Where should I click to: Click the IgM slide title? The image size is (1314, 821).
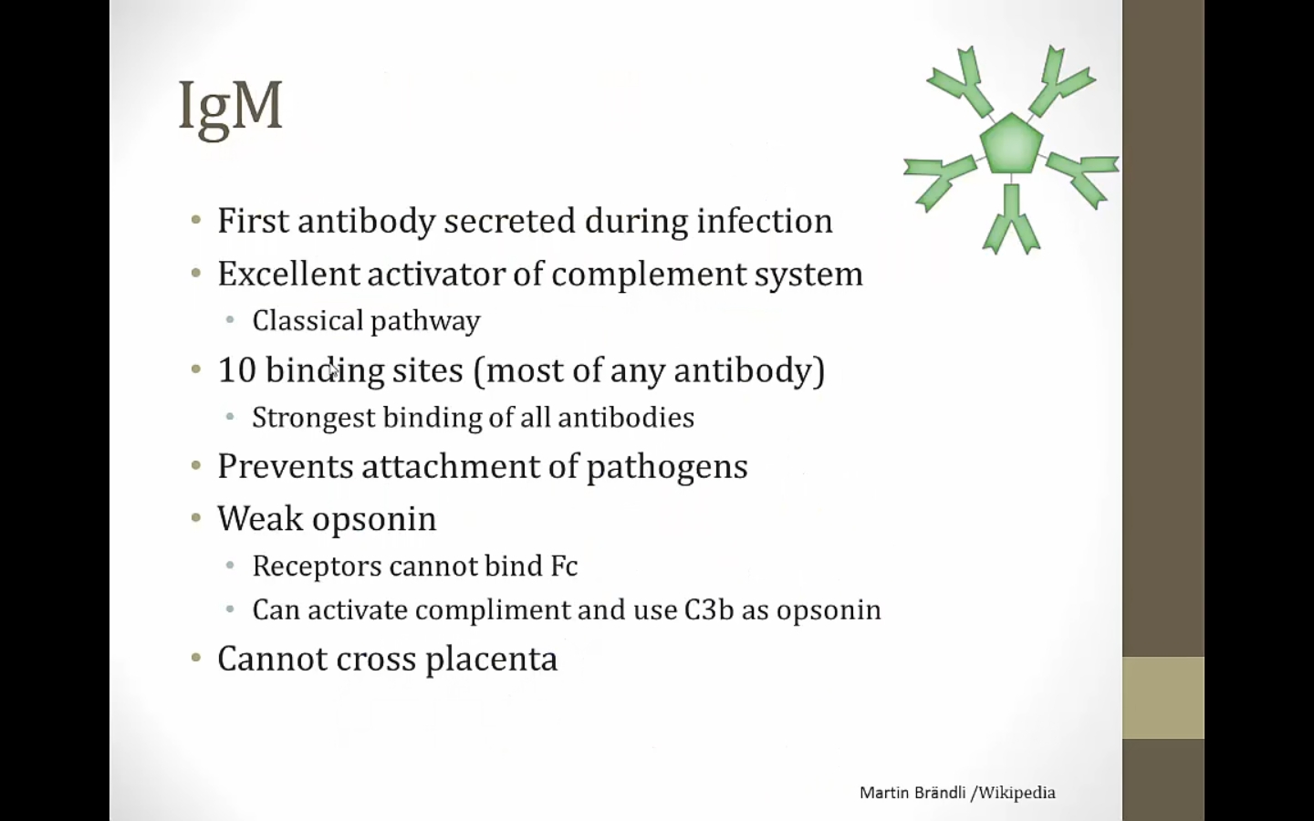click(231, 109)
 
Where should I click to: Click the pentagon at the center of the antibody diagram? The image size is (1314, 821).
click(1011, 144)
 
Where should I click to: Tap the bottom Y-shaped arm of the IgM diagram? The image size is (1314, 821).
click(1011, 219)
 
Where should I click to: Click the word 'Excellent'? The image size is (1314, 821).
click(288, 274)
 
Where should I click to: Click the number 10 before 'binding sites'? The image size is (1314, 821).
click(237, 370)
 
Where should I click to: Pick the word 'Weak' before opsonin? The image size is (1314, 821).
click(260, 518)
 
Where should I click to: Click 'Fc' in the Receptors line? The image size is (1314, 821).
click(564, 566)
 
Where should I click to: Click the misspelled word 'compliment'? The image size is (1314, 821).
click(492, 610)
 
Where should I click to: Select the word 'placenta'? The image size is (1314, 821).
click(491, 660)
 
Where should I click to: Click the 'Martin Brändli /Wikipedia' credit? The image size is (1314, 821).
click(957, 793)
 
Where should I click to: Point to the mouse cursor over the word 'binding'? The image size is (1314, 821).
click(332, 370)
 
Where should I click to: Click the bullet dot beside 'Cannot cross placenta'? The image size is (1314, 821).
click(196, 658)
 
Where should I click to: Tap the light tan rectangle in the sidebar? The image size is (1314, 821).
click(1163, 698)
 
